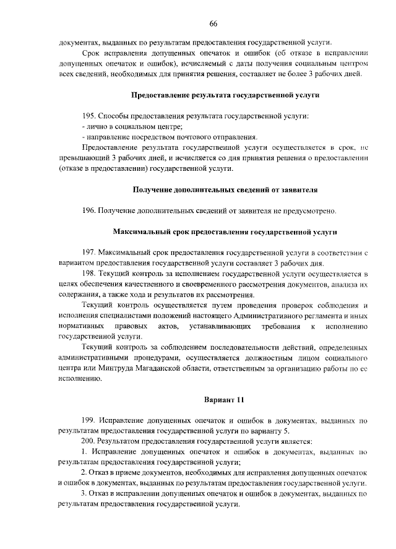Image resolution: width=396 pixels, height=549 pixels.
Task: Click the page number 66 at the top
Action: (x=213, y=24)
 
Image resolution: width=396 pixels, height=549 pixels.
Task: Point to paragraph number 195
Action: (x=90, y=116)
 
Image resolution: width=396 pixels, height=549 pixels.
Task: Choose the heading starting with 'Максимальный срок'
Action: (x=225, y=231)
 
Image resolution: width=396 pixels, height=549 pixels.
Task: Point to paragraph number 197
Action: (x=90, y=254)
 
